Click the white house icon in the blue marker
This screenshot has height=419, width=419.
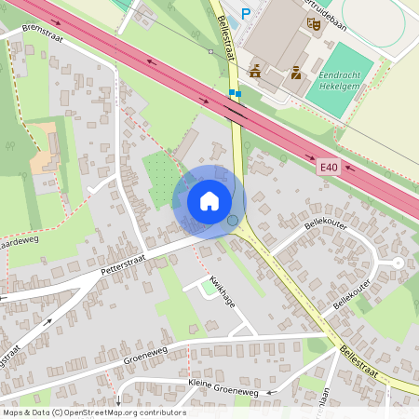click(209, 200)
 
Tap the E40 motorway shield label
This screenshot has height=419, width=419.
click(327, 166)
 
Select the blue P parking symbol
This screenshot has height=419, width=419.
click(246, 13)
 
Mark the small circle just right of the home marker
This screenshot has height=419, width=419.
click(233, 221)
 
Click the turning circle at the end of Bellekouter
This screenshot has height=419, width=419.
click(398, 264)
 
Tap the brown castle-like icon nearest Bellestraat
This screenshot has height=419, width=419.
click(255, 71)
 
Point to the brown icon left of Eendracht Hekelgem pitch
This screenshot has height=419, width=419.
click(295, 72)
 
